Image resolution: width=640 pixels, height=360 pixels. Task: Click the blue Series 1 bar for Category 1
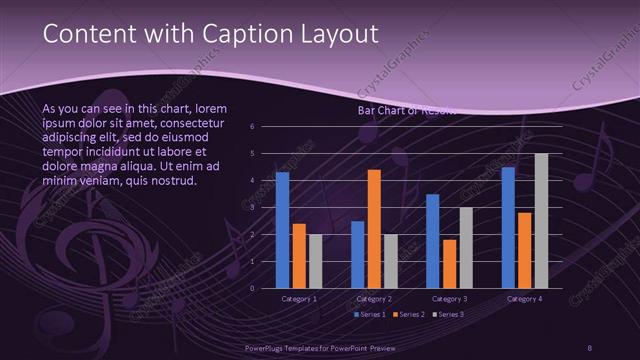click(x=282, y=230)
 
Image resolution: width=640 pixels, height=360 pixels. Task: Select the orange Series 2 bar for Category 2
click(x=374, y=229)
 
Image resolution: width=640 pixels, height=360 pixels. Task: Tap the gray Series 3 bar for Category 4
click(x=541, y=220)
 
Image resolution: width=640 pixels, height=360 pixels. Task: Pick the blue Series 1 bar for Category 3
click(x=432, y=241)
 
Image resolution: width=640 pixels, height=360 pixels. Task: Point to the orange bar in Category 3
click(x=448, y=264)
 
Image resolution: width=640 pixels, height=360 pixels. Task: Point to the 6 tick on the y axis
click(x=252, y=127)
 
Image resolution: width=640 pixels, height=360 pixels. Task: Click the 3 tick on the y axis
click(x=252, y=208)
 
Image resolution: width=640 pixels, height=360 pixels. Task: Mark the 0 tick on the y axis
click(x=252, y=288)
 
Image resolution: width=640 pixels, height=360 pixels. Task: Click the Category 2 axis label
click(x=374, y=298)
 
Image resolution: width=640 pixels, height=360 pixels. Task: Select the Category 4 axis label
click(x=524, y=298)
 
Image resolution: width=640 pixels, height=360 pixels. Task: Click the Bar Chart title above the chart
click(x=405, y=111)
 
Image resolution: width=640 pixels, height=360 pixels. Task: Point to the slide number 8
click(x=590, y=347)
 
